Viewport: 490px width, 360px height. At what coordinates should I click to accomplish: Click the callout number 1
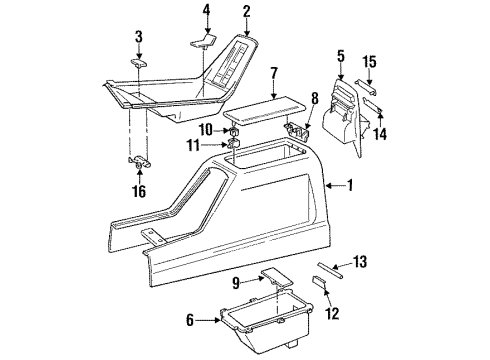[x=350, y=185]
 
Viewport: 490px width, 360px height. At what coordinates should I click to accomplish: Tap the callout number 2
[x=246, y=12]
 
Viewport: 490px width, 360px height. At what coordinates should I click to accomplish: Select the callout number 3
[x=139, y=37]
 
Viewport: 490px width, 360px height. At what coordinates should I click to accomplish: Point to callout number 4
[x=207, y=12]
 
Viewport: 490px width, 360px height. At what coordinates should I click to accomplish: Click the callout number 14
[x=381, y=132]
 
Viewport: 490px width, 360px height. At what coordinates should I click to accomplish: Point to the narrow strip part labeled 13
[x=331, y=268]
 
